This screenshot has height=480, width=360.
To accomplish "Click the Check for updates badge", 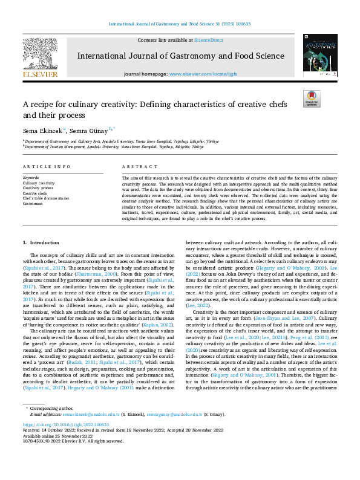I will click(311, 99).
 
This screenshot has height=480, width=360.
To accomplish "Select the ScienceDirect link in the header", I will click(208, 39).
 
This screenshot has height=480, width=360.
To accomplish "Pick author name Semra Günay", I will click(90, 129).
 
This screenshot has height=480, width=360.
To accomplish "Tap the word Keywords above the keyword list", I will click(30, 178).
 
